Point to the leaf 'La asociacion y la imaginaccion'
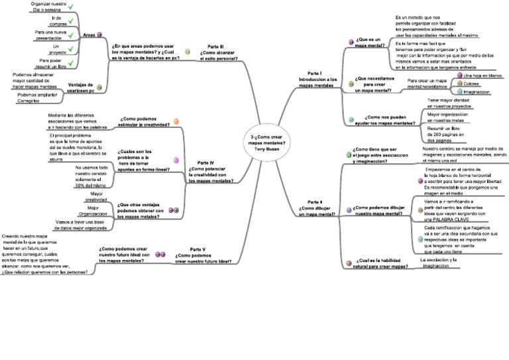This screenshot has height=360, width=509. [440, 263]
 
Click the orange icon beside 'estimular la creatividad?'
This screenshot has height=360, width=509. [176, 121]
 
